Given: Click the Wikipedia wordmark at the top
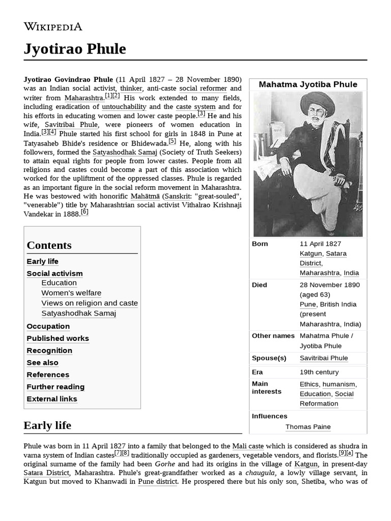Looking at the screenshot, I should coord(53,26).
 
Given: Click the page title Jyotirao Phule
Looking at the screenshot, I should coord(75,49).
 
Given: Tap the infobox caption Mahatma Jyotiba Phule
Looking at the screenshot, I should coord(308,84).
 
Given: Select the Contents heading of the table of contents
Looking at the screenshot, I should coord(49,245).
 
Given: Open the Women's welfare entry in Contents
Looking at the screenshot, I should coord(71,293).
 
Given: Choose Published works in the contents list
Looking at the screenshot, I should coord(58,338).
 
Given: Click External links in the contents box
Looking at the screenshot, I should coord(52,399).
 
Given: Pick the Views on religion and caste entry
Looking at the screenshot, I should coord(90,303).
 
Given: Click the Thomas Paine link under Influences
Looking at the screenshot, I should coord(308,427).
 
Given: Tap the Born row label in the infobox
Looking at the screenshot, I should coord(260,244).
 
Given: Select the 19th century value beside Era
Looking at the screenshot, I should coord(319,372).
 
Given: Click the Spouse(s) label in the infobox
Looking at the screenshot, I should coord(269,358).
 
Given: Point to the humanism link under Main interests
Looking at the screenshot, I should coord(339,384).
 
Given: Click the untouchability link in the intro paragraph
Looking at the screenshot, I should coord(124,107).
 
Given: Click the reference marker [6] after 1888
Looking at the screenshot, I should coord(85,212).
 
